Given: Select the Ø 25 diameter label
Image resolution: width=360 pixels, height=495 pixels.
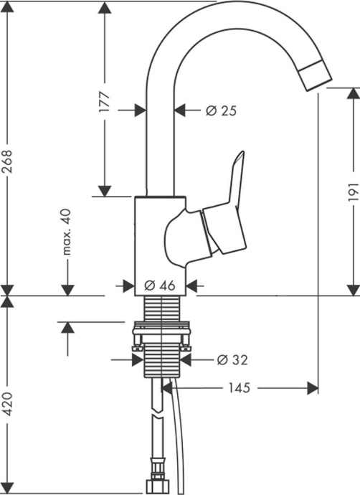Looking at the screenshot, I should click(220, 110).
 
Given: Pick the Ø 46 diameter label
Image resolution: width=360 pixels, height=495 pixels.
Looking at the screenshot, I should click(159, 285).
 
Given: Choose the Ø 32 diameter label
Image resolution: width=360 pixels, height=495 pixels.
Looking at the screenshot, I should click(230, 358).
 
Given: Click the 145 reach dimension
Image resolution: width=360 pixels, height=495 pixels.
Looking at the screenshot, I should click(238, 388).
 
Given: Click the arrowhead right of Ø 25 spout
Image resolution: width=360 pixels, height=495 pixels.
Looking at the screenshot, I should click(180, 110).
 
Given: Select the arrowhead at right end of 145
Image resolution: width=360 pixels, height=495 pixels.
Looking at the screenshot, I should click(313, 388).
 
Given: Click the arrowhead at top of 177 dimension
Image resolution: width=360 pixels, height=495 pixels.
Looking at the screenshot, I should click(105, 9).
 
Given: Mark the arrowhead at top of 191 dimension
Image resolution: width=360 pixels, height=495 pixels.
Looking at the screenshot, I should click(353, 94).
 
